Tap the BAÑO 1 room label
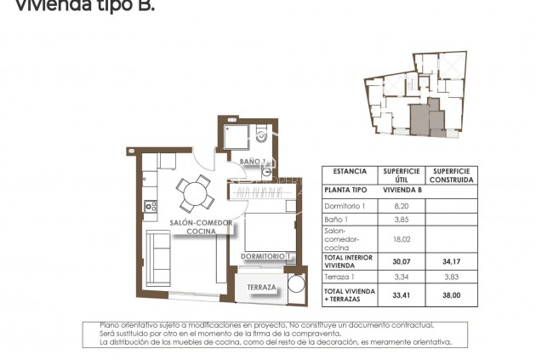point(254,161)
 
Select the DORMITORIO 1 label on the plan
point(266,255)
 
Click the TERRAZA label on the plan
point(262,288)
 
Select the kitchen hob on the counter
point(151,205)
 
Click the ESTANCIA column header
point(350,171)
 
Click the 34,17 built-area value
point(451,260)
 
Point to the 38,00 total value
point(451,296)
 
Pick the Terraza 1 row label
point(340,277)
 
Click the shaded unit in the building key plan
point(421,120)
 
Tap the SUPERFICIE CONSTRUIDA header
point(451,175)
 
